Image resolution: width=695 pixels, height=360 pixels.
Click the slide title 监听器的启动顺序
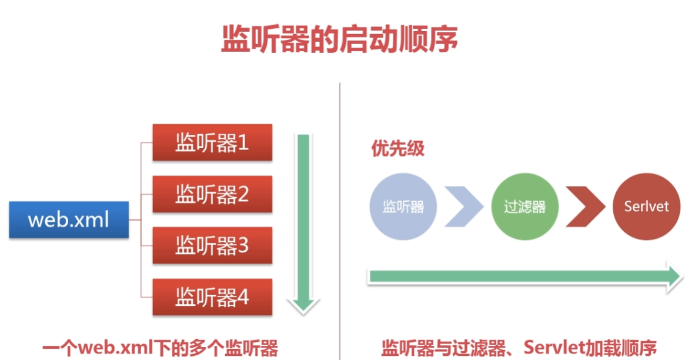point(339,40)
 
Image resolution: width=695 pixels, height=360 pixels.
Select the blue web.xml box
point(69,219)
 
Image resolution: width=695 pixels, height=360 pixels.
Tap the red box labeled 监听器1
point(212,142)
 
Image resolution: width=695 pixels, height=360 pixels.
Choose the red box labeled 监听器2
point(212,194)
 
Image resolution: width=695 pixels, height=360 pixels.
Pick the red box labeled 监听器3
point(212,245)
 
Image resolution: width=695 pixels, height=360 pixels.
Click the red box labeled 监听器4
point(212,296)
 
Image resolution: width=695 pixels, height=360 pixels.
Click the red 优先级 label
point(397,149)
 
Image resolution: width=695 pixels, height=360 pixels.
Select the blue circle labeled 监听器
point(403,206)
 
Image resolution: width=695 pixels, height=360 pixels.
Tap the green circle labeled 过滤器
point(524,206)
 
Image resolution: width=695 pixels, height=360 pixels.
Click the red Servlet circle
point(646,206)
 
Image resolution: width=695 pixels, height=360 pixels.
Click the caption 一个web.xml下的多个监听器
point(160,347)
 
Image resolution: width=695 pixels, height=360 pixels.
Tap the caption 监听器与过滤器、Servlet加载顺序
point(519,347)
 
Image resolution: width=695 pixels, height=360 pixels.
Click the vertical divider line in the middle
point(340,218)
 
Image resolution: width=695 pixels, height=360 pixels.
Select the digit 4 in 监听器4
point(242,297)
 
